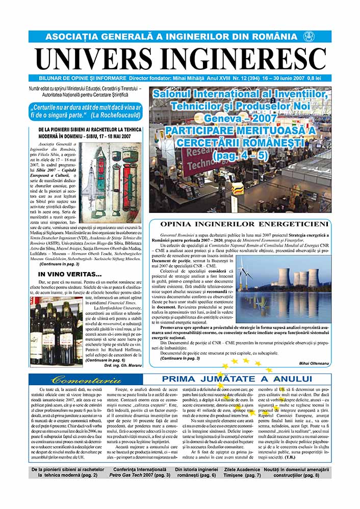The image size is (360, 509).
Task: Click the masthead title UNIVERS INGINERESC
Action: coord(179,59)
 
